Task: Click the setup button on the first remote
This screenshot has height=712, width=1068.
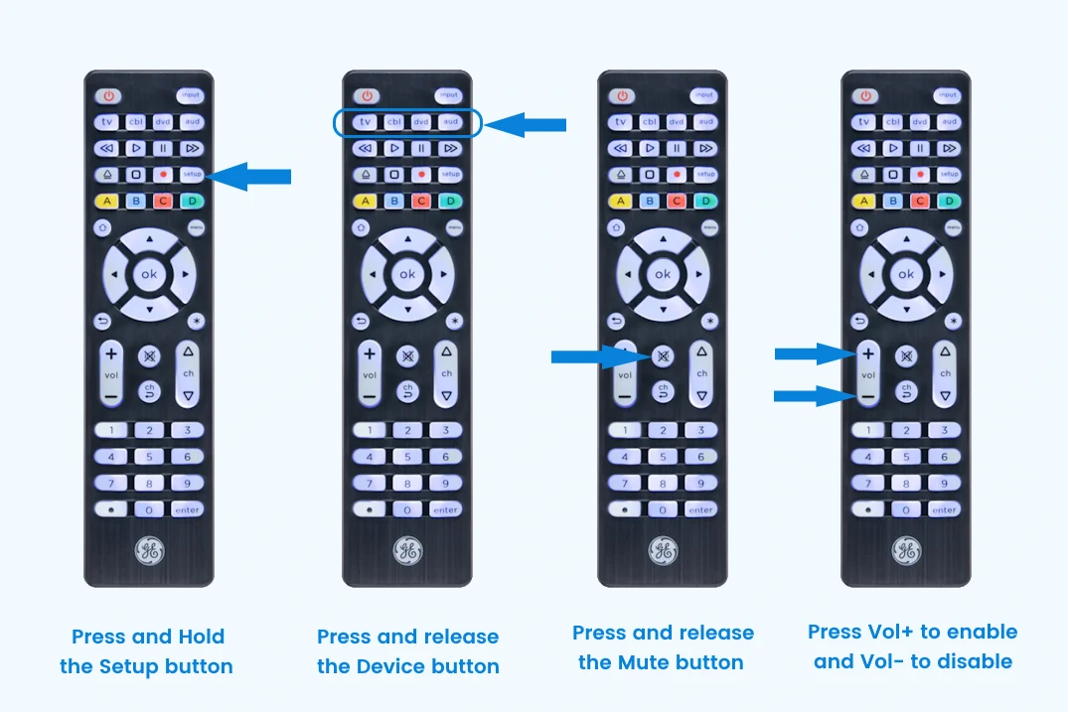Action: tap(191, 175)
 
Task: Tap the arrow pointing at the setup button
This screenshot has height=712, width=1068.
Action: tap(252, 177)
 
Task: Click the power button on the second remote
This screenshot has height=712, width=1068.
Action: tap(368, 96)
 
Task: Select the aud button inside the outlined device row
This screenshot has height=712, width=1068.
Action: tap(451, 122)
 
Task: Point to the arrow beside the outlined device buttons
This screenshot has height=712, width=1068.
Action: tap(527, 124)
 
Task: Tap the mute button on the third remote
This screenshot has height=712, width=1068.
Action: tap(662, 356)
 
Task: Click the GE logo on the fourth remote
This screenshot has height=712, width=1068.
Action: tap(904, 550)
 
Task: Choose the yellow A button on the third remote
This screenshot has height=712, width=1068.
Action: tap(622, 201)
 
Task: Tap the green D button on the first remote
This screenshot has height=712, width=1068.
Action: tap(191, 201)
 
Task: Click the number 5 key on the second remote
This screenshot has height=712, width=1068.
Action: tap(407, 457)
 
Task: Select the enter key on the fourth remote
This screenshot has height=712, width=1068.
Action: tap(945, 509)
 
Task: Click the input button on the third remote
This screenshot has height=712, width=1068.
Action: tap(704, 95)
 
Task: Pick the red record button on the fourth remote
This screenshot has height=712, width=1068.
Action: tap(919, 174)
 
